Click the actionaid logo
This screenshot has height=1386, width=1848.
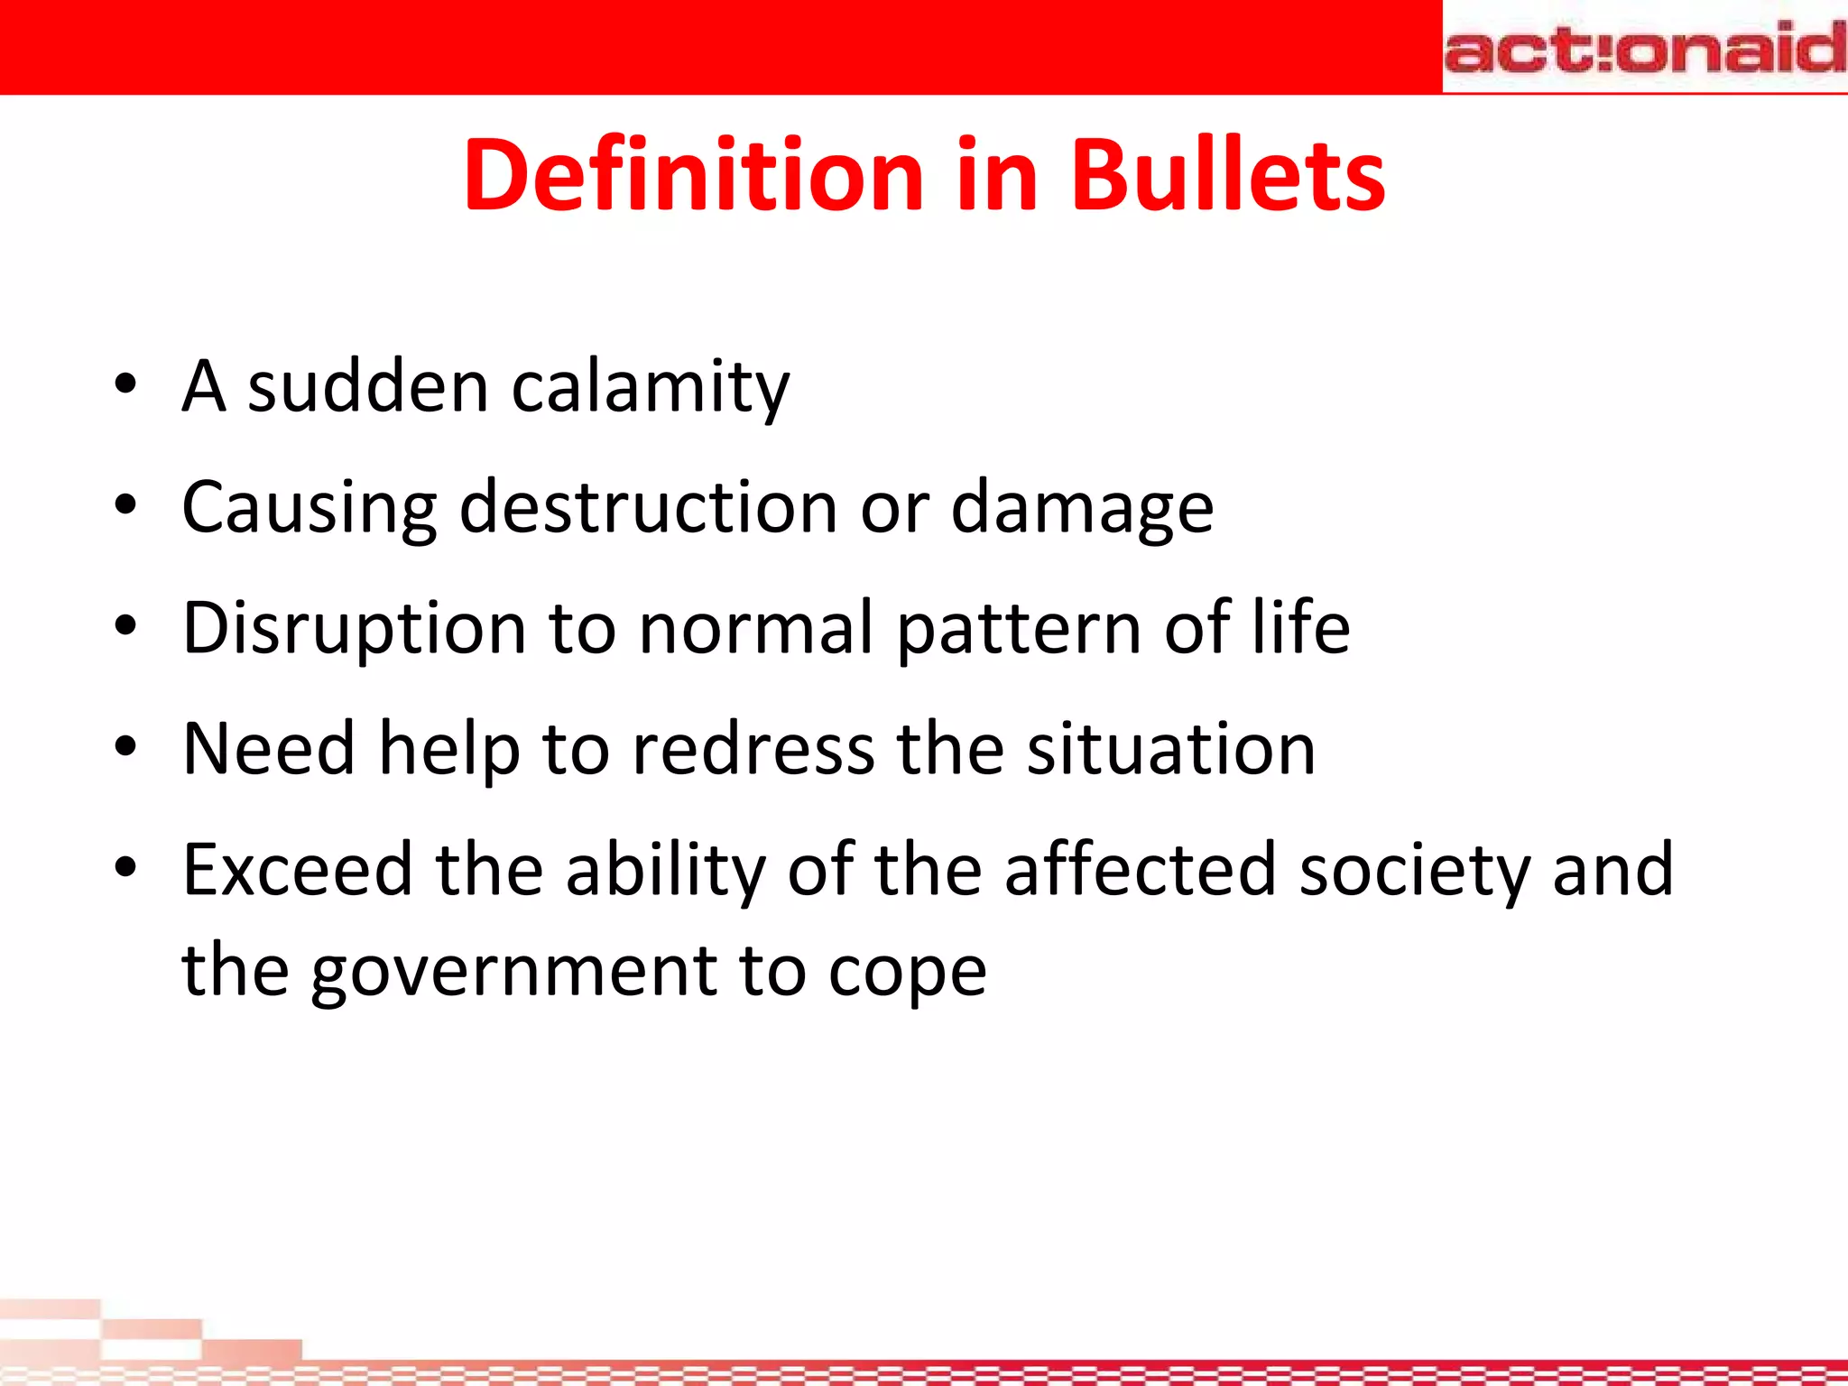(1644, 50)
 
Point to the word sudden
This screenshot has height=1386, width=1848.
(368, 386)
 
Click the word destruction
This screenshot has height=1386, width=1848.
(648, 507)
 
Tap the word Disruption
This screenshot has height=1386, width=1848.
(354, 629)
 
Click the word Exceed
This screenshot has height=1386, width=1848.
(297, 869)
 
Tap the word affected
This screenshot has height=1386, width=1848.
(1140, 869)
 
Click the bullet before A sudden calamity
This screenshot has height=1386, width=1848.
(125, 386)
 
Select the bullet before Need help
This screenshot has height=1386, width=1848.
(125, 748)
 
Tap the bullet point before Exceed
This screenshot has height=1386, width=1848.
(125, 869)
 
